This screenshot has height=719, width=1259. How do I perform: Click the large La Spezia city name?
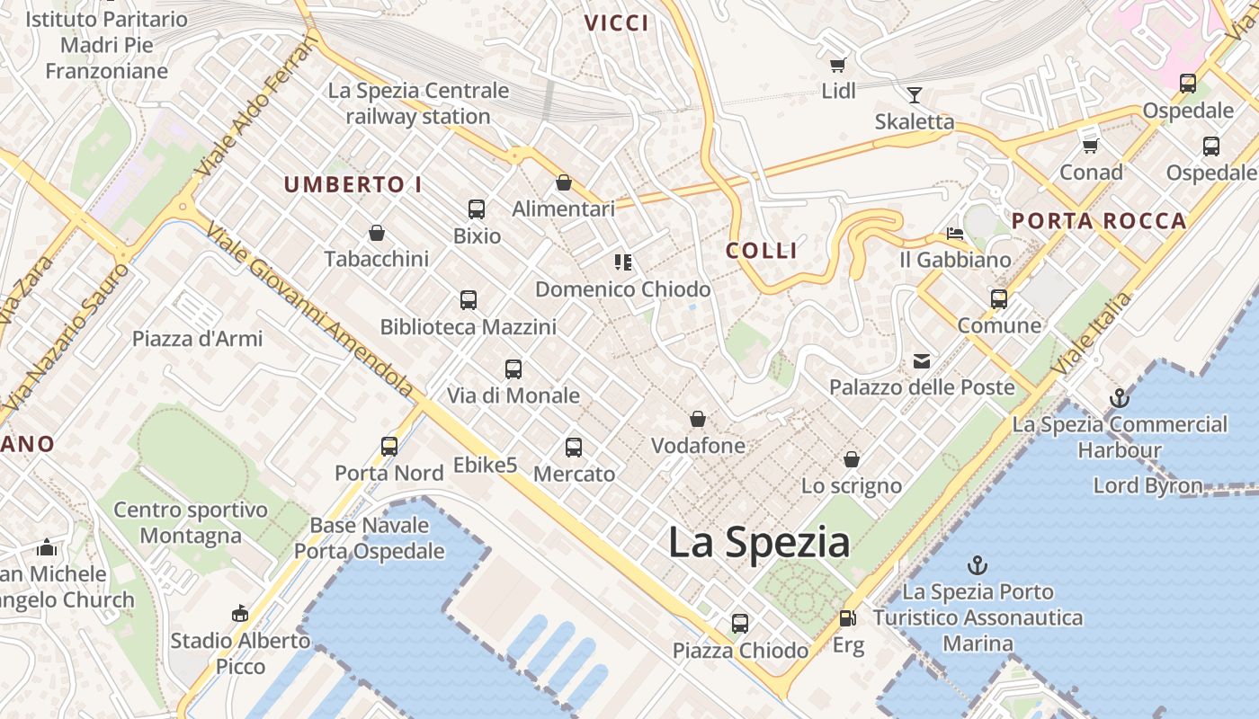click(759, 542)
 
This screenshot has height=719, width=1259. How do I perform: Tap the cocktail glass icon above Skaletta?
click(915, 95)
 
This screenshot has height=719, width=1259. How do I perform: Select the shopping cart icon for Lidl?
click(838, 65)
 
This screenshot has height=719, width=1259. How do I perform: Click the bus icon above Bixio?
click(477, 209)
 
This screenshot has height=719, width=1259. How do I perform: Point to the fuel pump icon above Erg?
click(847, 618)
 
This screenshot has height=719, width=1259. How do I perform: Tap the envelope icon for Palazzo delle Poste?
click(922, 361)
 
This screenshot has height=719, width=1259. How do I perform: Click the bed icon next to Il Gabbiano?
click(955, 234)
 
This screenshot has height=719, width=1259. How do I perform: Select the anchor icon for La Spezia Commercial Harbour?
click(1120, 397)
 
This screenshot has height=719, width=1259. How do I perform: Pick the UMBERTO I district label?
click(353, 185)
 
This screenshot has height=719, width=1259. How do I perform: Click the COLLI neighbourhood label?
click(762, 251)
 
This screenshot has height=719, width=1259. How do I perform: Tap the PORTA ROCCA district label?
click(1099, 221)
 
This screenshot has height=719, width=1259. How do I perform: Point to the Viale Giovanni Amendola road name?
click(310, 310)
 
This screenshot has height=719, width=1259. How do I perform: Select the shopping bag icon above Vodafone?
click(698, 419)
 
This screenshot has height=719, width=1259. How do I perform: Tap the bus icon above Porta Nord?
click(389, 446)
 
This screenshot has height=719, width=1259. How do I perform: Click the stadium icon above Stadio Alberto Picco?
click(239, 614)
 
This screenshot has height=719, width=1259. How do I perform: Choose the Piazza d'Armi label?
click(198, 339)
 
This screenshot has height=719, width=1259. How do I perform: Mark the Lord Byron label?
click(1147, 486)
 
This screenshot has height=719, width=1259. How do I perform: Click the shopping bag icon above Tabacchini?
click(377, 233)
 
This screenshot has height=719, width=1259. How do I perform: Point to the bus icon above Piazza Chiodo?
click(740, 623)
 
